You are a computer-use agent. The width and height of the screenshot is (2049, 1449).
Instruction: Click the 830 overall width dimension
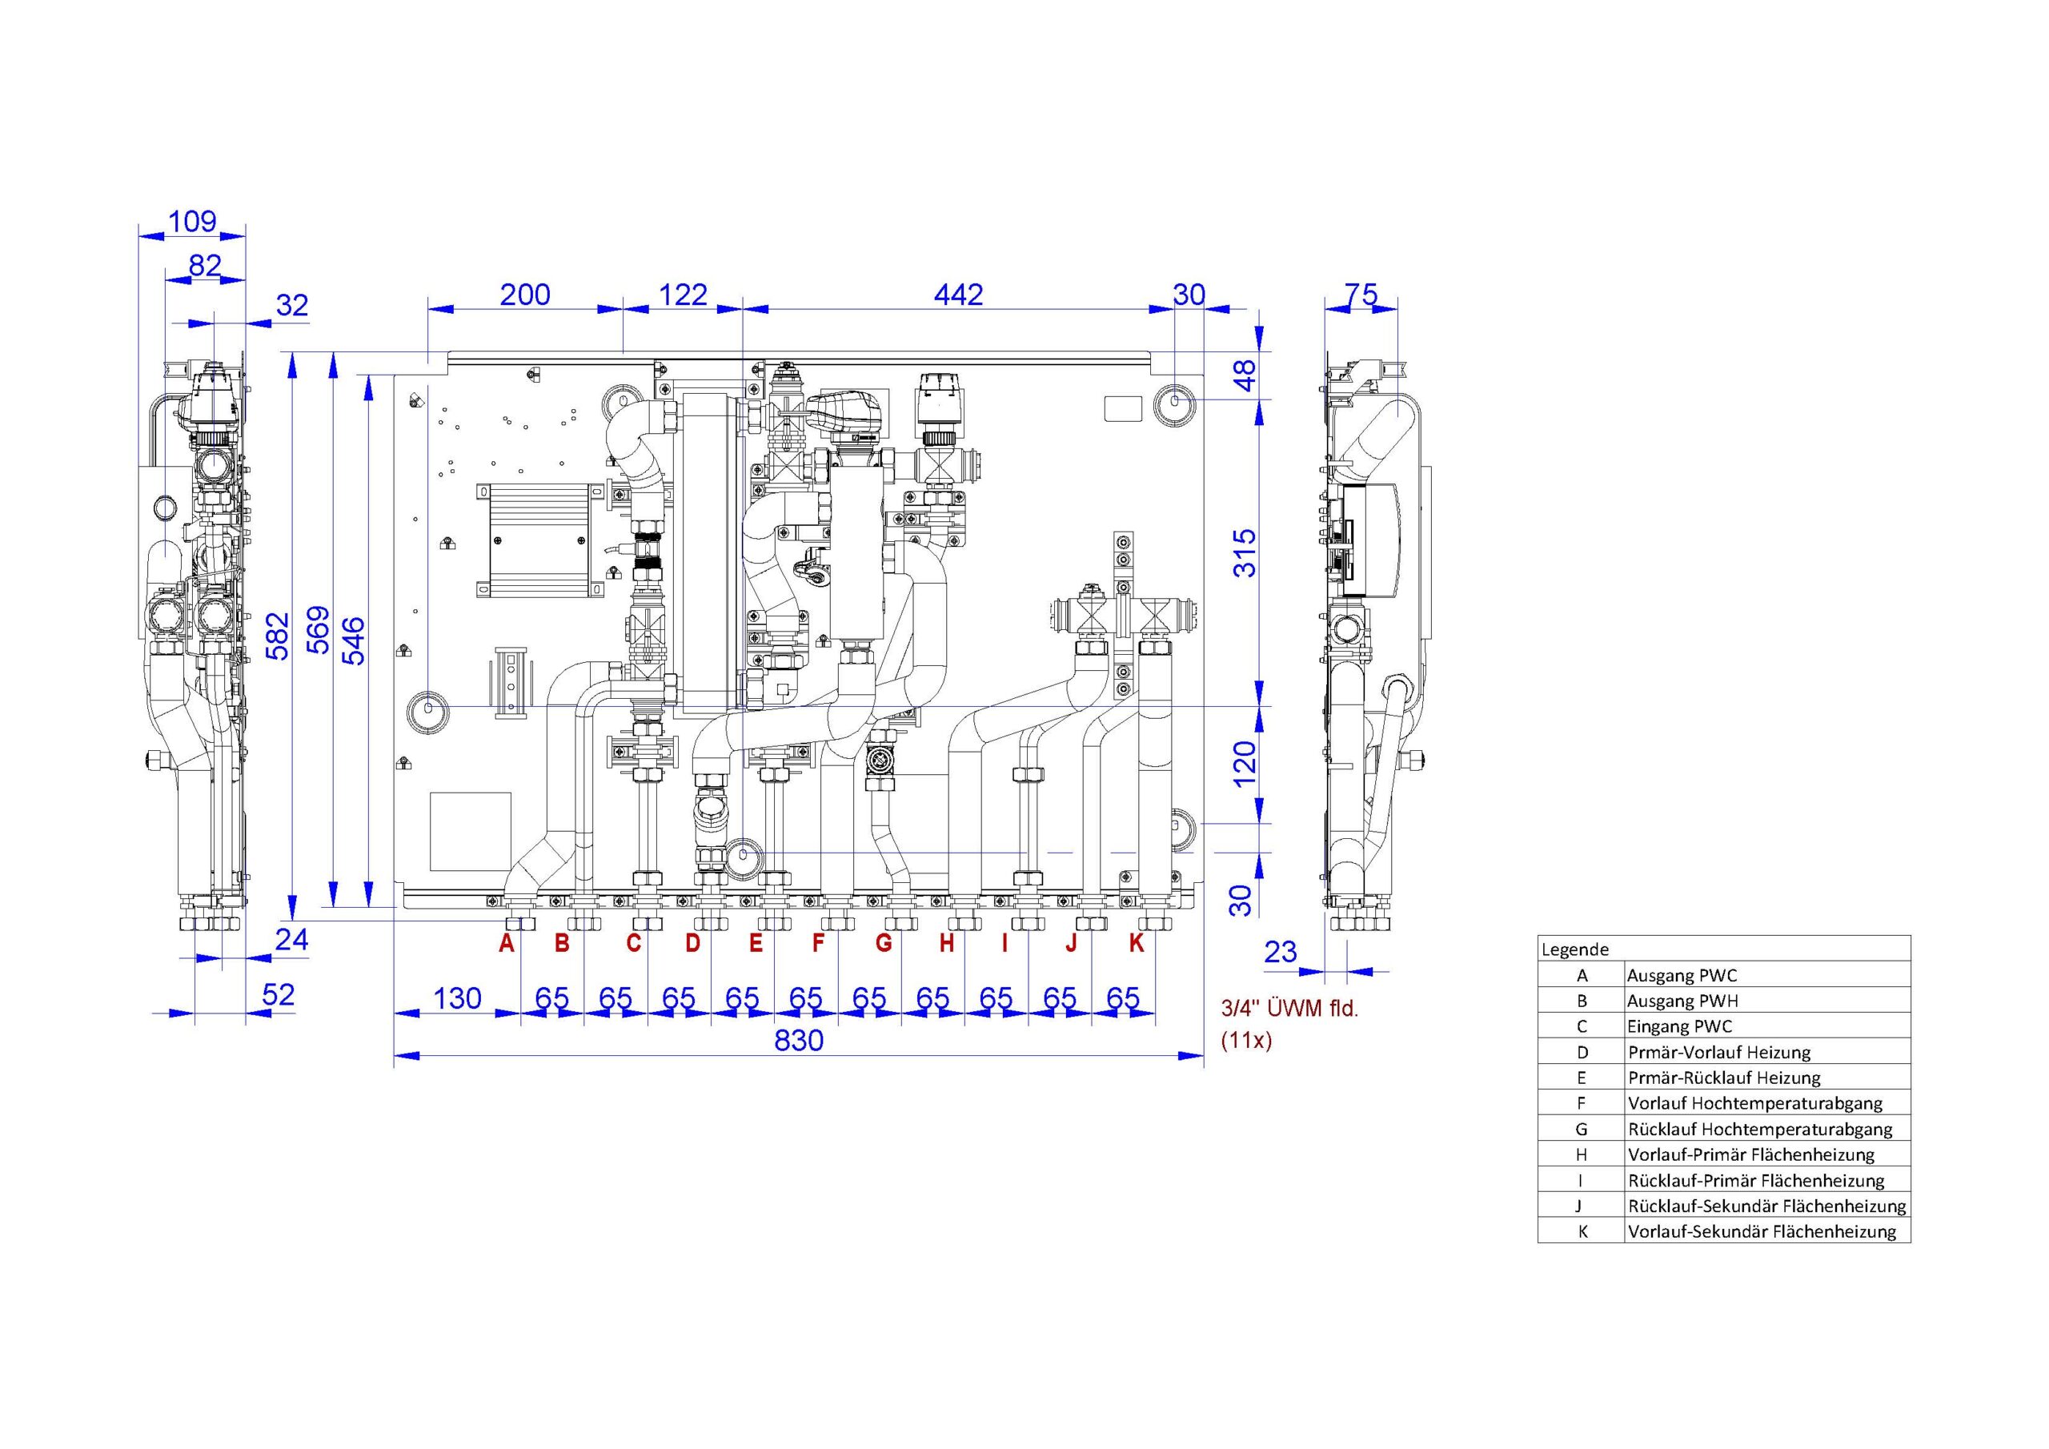tap(799, 1040)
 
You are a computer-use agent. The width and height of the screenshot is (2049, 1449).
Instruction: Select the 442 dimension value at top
tap(958, 295)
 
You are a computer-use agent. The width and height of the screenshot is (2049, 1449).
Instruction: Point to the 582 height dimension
tap(279, 635)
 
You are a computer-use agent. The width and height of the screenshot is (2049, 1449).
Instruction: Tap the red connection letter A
tap(507, 943)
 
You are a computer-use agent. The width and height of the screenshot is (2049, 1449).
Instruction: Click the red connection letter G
tap(884, 943)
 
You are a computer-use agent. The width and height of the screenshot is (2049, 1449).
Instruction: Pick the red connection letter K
tap(1136, 943)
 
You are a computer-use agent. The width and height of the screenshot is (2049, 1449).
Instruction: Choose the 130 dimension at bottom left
tap(457, 998)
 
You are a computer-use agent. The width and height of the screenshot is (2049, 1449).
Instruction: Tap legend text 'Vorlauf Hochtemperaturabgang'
tap(1755, 1102)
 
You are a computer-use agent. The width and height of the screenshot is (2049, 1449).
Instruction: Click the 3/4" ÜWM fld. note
tap(1289, 1009)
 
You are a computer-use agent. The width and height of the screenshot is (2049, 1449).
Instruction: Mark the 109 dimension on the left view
tap(193, 222)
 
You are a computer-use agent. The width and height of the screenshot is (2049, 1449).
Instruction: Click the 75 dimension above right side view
tap(1361, 295)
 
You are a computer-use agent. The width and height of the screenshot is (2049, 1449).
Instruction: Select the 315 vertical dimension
tap(1244, 552)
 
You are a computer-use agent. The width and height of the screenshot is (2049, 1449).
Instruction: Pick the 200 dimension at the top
tap(525, 295)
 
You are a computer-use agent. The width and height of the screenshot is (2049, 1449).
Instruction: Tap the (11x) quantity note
tap(1247, 1041)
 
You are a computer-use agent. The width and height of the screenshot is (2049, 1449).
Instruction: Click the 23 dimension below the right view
tap(1280, 953)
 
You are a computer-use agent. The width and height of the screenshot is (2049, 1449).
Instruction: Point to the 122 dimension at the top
tap(683, 295)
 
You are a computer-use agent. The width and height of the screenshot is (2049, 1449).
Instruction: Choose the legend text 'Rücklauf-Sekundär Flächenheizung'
tap(1767, 1206)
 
